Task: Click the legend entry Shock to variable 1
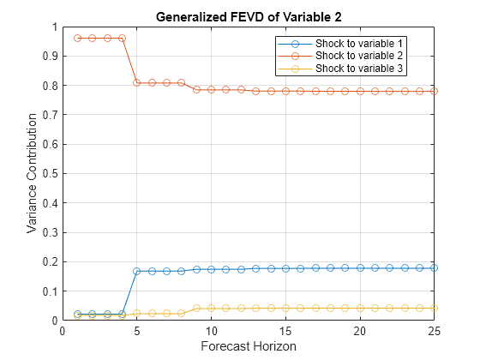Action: pos(358,43)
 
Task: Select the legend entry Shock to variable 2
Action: pos(358,55)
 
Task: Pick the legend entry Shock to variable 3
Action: pos(358,67)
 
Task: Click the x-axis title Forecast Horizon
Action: pos(249,347)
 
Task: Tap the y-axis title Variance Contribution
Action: pos(32,174)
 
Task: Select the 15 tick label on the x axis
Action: pos(285,332)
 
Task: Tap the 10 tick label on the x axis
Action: pos(211,332)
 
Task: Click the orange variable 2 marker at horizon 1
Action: pos(77,38)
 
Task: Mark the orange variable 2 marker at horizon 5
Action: pos(137,82)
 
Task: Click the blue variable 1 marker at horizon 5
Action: pos(137,271)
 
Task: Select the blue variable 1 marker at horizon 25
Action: pos(435,267)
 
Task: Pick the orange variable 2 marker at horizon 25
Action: pos(435,91)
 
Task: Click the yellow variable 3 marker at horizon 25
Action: pos(435,308)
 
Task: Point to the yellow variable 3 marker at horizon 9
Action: pos(196,308)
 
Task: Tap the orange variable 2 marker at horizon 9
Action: pos(196,89)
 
